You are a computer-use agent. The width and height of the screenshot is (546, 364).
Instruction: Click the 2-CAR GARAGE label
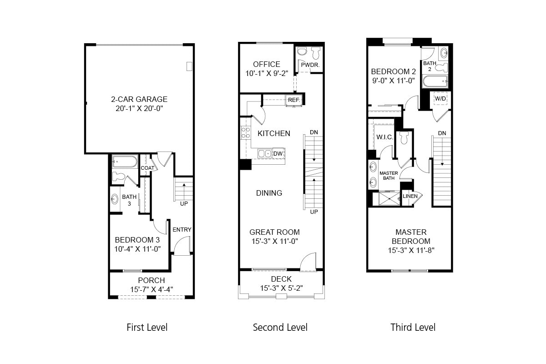[139, 99]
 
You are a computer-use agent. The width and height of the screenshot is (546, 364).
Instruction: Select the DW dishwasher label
[278, 154]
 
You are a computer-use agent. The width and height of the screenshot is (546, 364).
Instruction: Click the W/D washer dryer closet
[440, 98]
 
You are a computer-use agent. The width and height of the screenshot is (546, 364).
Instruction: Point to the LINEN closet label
[410, 196]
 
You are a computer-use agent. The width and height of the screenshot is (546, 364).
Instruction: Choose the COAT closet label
[147, 168]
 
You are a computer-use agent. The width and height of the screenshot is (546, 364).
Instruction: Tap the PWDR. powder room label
[310, 65]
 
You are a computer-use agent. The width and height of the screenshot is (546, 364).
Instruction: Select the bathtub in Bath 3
[125, 162]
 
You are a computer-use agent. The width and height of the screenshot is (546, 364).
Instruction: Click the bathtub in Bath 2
[435, 82]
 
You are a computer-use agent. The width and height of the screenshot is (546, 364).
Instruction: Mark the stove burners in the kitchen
[246, 133]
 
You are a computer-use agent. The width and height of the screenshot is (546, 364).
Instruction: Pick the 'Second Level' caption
[280, 327]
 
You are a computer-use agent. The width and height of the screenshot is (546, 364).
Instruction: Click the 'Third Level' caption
[413, 327]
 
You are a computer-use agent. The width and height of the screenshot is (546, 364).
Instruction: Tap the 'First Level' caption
[147, 327]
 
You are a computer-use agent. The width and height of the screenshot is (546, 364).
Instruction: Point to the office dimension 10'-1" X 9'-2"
[267, 73]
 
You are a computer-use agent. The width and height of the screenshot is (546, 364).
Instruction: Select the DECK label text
[281, 279]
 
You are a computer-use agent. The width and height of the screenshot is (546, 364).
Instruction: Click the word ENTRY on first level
[182, 229]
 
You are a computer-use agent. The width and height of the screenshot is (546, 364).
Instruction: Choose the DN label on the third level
[442, 133]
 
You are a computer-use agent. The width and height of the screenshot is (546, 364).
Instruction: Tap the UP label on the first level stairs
[184, 203]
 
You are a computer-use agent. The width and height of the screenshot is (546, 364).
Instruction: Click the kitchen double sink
[264, 154]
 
